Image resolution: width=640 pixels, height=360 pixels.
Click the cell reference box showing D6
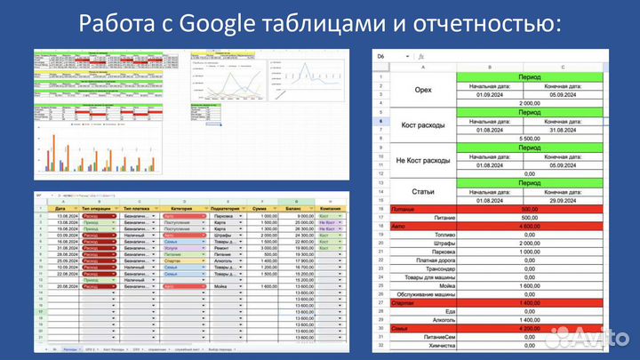tap(383, 56)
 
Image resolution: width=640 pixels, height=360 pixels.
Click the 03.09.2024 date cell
tap(66, 236)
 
